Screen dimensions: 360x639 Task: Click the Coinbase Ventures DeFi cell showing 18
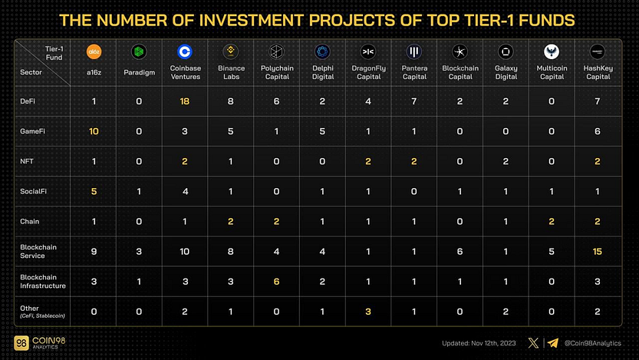pos(184,101)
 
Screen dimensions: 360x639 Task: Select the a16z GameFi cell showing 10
pos(94,131)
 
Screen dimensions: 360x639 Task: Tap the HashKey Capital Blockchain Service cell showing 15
pos(596,251)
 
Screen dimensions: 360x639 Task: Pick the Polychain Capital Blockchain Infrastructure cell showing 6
pos(276,281)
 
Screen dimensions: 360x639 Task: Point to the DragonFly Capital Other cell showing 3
pos(368,311)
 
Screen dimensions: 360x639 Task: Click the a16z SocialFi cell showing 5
pos(94,191)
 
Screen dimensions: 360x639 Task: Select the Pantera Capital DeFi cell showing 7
pos(414,101)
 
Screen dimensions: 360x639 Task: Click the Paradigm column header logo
pos(139,52)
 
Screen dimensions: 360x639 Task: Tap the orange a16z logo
pos(94,52)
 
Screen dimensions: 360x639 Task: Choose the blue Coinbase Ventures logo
pos(184,52)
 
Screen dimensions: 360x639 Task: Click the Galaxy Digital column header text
pos(506,73)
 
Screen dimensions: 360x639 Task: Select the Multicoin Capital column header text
pos(551,73)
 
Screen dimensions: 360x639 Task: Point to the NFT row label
pos(27,161)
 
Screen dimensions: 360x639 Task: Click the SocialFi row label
pos(32,191)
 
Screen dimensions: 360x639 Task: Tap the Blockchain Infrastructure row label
pos(42,281)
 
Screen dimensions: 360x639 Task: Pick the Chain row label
pos(29,221)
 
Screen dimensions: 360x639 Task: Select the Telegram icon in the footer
pos(551,342)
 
